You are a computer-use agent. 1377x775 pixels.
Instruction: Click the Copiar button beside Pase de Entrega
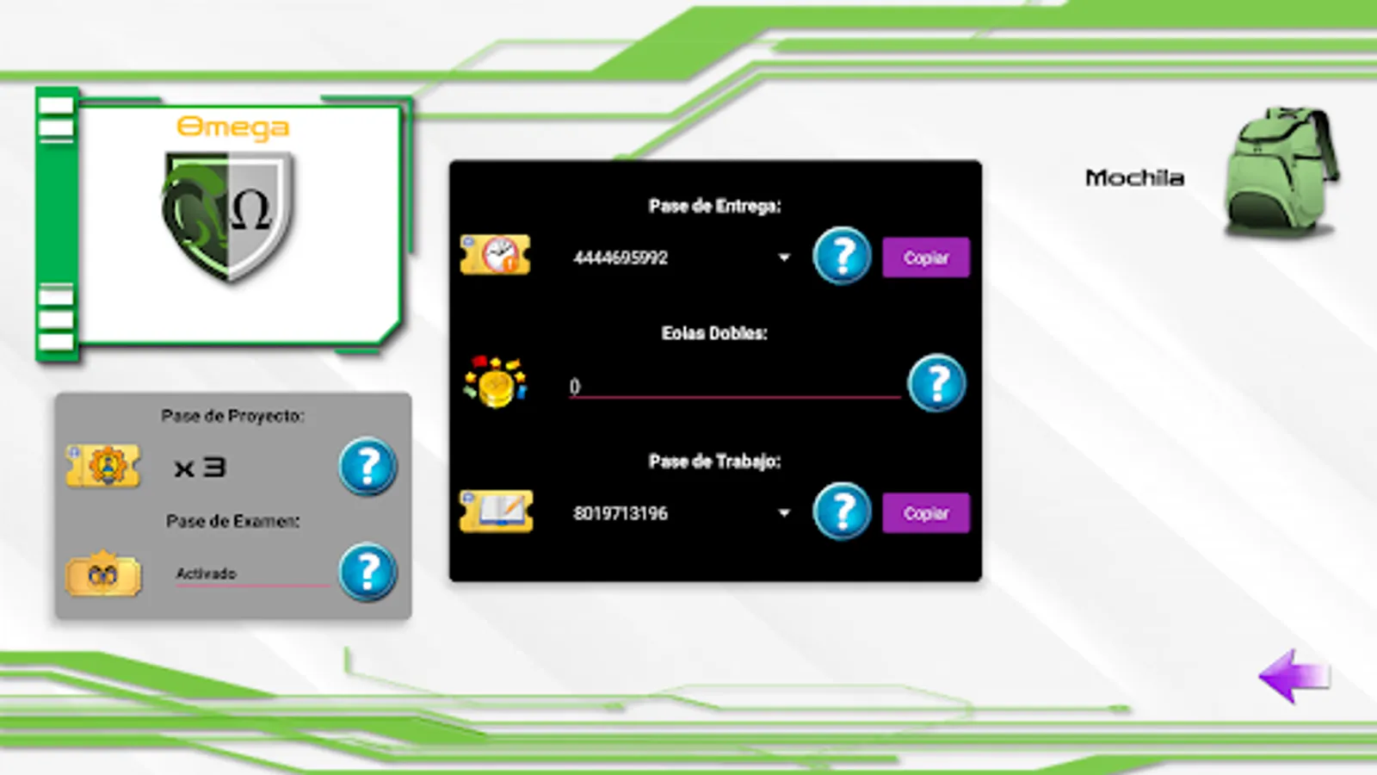click(x=925, y=257)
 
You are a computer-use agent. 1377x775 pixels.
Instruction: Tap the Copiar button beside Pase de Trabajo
click(x=925, y=513)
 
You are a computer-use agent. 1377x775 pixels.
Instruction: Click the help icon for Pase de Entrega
click(x=842, y=256)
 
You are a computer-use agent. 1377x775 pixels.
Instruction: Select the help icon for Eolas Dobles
click(x=936, y=383)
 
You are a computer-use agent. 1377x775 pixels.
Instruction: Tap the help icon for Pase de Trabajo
click(x=842, y=512)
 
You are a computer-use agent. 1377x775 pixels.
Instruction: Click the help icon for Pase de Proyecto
click(x=367, y=467)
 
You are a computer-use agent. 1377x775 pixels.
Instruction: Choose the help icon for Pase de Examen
click(x=367, y=572)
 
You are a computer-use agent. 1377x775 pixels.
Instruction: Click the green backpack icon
click(x=1281, y=172)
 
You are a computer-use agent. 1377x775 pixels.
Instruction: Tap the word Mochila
click(x=1134, y=178)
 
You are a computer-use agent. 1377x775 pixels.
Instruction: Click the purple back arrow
click(x=1294, y=677)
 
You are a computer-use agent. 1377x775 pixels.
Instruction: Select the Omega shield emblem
click(x=229, y=215)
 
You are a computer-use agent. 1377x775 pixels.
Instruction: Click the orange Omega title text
click(x=232, y=127)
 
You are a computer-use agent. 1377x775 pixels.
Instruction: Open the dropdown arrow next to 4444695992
click(x=784, y=257)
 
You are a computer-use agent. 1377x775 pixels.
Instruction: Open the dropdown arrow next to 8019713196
click(x=784, y=513)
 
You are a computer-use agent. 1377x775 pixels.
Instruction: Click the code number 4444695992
click(x=621, y=257)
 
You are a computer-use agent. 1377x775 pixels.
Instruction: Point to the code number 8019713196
click(x=621, y=513)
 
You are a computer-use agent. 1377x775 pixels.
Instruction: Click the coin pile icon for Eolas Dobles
click(x=495, y=381)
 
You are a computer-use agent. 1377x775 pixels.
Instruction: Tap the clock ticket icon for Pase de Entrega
click(x=496, y=256)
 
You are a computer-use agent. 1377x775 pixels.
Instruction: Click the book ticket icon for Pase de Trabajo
click(x=497, y=512)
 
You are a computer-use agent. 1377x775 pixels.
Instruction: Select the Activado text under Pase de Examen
click(x=206, y=573)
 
